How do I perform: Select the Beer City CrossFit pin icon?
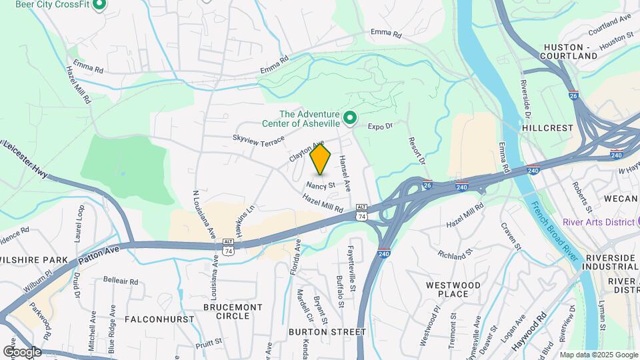pos(99,5)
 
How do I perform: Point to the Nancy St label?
pos(321,185)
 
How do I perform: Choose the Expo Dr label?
pos(381,125)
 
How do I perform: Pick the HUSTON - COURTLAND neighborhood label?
pos(571,51)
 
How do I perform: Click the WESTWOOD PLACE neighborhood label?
pos(453,289)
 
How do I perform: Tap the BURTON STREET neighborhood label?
pos(327,331)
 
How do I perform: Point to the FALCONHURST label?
pos(149,319)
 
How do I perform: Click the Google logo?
pos(22,351)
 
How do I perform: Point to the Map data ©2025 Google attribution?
pos(597,355)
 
